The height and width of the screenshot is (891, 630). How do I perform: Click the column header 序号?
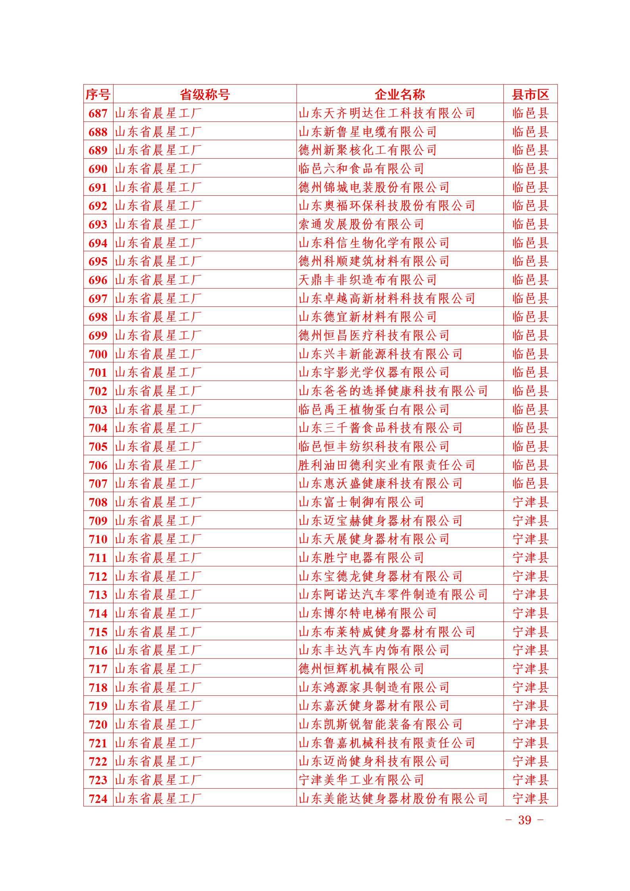click(98, 94)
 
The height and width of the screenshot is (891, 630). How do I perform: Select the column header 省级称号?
click(205, 94)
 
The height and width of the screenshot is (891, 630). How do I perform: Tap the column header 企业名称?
click(400, 94)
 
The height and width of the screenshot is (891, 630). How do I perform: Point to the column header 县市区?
click(530, 94)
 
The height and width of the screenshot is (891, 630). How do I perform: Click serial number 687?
click(98, 114)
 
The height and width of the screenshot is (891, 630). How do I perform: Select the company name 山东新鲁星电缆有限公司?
click(368, 132)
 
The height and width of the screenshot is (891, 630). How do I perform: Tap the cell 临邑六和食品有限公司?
click(361, 169)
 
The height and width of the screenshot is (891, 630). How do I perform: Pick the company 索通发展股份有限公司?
click(361, 224)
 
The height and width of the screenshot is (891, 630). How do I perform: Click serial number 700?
click(98, 354)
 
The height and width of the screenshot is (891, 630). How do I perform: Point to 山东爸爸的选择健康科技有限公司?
click(393, 391)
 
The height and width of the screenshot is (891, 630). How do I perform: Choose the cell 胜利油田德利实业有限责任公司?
click(387, 465)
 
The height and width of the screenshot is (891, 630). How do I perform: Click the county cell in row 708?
click(530, 502)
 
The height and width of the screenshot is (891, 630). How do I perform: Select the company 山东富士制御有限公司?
click(361, 502)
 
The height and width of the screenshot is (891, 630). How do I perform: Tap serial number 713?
click(98, 595)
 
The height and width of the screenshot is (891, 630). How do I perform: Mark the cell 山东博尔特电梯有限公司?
click(368, 613)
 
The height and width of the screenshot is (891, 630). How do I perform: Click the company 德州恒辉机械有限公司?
click(361, 669)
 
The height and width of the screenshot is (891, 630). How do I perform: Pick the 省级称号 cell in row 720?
click(158, 724)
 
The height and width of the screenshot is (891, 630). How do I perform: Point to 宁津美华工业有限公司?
click(361, 780)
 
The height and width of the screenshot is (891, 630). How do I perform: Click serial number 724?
click(98, 799)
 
